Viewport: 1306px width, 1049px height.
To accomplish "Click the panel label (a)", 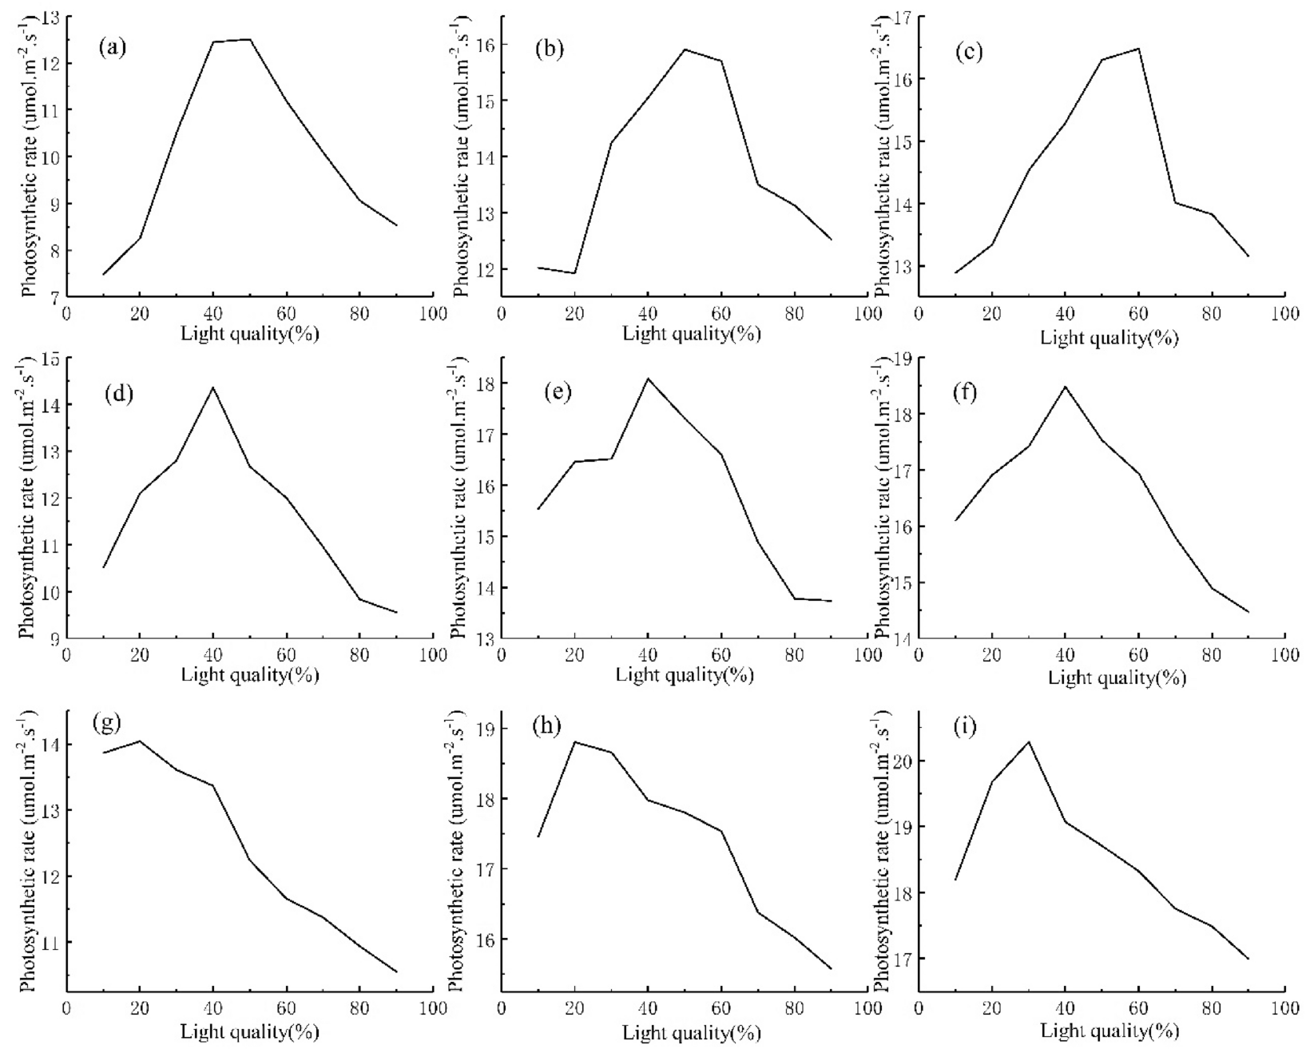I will [x=112, y=48].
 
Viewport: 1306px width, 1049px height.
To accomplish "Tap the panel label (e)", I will [x=556, y=393].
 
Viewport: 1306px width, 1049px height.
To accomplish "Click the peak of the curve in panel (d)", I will [x=212, y=387].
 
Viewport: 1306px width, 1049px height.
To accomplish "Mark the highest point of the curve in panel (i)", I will [x=1028, y=741].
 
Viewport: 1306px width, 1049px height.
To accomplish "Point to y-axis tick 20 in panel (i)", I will [x=903, y=761].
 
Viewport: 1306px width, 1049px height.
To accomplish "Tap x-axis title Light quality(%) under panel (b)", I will [x=692, y=334].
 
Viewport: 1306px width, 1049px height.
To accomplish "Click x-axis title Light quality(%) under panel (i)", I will [x=1109, y=1031].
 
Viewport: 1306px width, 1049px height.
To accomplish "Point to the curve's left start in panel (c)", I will [x=955, y=273].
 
